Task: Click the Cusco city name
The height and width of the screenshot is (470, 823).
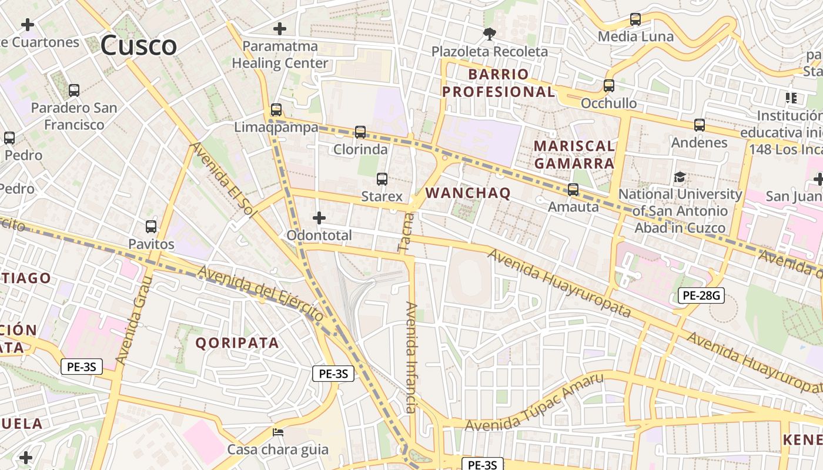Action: point(138,46)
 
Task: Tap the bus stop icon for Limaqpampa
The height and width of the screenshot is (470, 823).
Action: point(276,110)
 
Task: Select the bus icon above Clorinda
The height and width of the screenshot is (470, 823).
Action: point(360,132)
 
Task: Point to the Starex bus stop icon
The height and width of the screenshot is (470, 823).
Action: point(382,179)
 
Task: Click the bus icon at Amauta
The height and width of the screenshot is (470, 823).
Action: point(573,190)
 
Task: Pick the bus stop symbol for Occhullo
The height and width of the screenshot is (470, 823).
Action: point(609,86)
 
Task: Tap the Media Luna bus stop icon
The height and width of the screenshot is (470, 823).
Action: point(635,19)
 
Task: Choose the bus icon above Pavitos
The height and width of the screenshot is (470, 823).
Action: point(151,227)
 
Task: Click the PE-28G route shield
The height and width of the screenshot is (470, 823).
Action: point(701,296)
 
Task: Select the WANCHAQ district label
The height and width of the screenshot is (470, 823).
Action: point(468,193)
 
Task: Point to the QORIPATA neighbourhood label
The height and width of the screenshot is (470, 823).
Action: point(237,343)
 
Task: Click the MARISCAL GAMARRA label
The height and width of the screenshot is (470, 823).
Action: point(574,155)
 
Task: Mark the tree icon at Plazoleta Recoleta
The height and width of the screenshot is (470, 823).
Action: point(489,34)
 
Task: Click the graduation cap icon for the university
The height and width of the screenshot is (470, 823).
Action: point(680,177)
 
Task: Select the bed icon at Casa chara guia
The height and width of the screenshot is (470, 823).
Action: point(279,433)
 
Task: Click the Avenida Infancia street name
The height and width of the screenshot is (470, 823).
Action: point(411,357)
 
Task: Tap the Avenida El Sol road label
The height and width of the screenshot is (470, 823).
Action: point(222,180)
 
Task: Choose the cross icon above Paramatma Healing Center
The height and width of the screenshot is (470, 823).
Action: point(280,28)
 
